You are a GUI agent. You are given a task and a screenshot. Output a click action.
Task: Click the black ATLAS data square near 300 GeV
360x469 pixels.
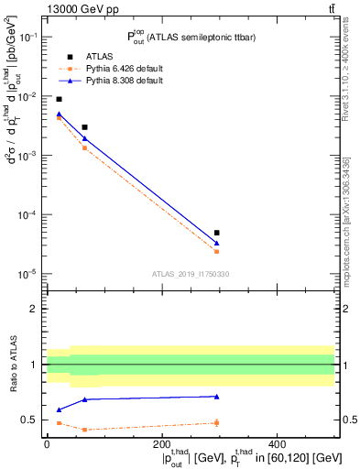[216, 233]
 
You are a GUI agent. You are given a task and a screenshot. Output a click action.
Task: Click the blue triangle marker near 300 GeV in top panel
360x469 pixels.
[216, 243]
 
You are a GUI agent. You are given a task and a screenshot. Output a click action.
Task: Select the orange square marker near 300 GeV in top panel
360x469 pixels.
[216, 251]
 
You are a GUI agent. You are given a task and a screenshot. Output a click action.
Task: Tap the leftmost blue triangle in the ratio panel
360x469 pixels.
[60, 409]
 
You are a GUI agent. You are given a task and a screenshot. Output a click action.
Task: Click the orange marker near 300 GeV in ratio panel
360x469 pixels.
[216, 422]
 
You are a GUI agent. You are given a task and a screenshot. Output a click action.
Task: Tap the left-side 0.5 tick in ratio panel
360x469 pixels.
[32, 420]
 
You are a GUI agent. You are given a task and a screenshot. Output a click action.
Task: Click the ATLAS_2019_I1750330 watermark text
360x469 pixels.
[190, 274]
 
